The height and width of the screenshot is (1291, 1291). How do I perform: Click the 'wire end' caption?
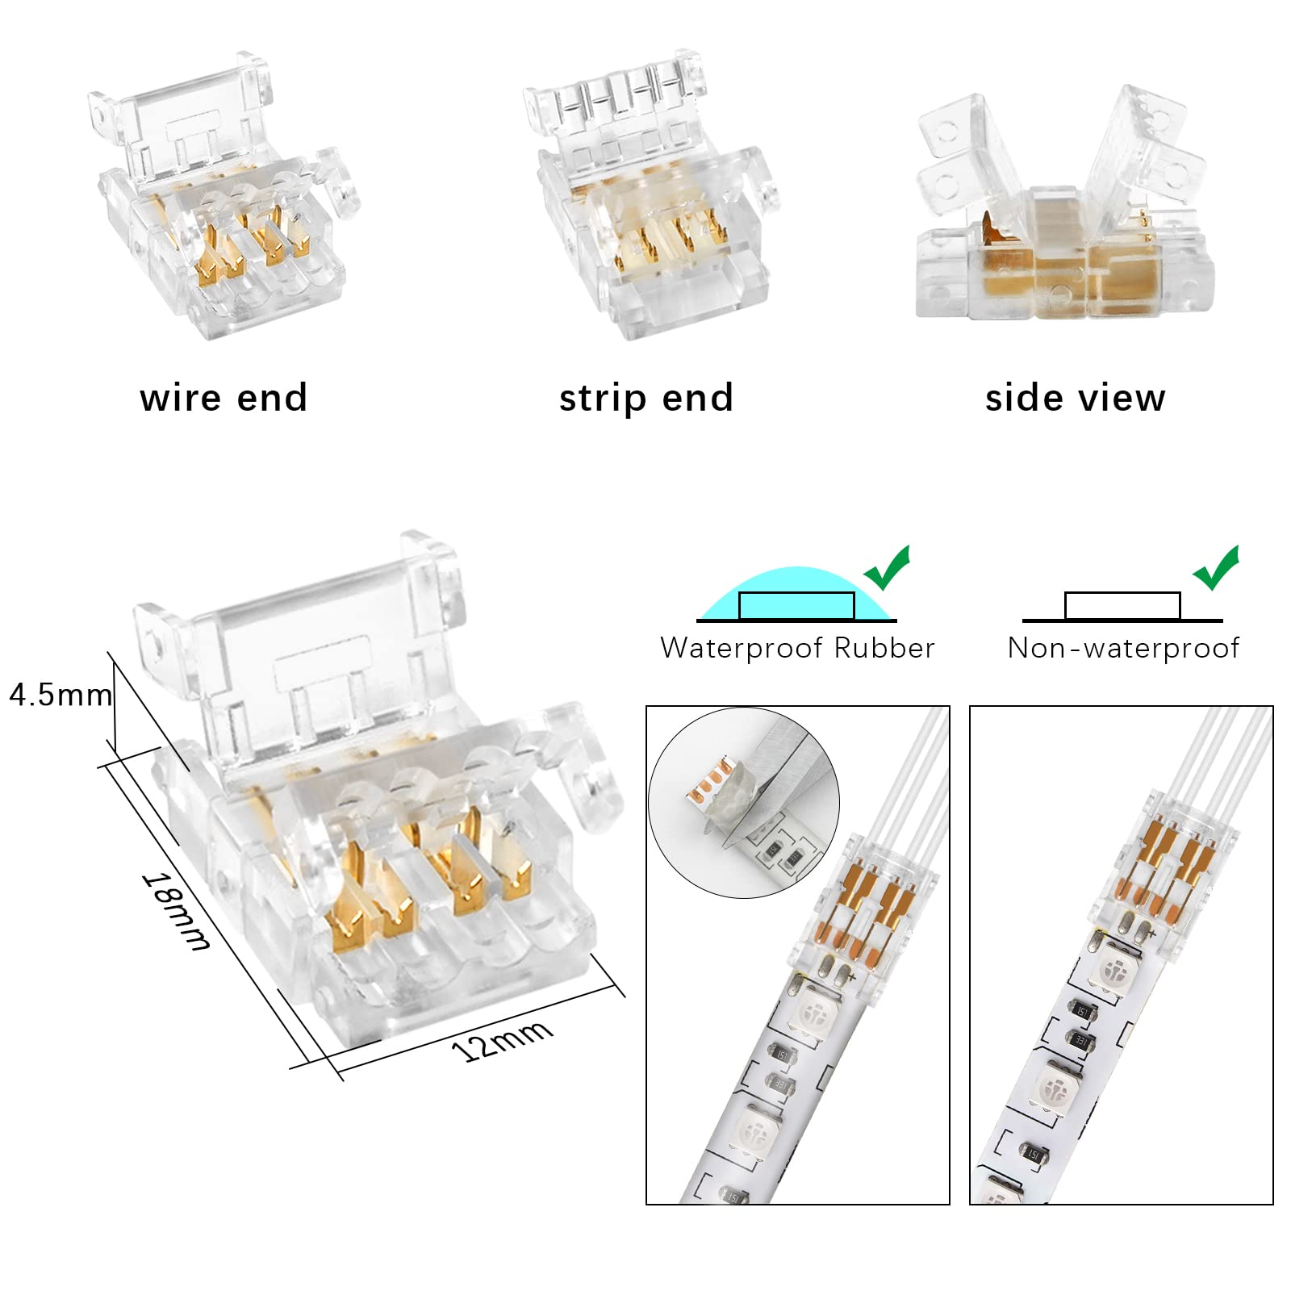pos(224,398)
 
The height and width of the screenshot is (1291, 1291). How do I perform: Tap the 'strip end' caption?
pos(646,398)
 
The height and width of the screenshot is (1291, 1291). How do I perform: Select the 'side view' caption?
pos(1076,398)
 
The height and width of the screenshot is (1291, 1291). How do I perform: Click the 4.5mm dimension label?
pos(61,695)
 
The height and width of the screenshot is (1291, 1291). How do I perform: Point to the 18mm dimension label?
pos(177,911)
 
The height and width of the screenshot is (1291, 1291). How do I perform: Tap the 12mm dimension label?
pos(502,1040)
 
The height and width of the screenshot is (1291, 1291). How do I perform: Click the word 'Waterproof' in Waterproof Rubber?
pos(742,649)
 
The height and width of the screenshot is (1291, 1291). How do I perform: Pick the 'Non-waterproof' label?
pos(1123,649)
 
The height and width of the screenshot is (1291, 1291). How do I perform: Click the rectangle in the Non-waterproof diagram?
pos(1122,606)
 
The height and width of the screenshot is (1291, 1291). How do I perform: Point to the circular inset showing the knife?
pos(744,804)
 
